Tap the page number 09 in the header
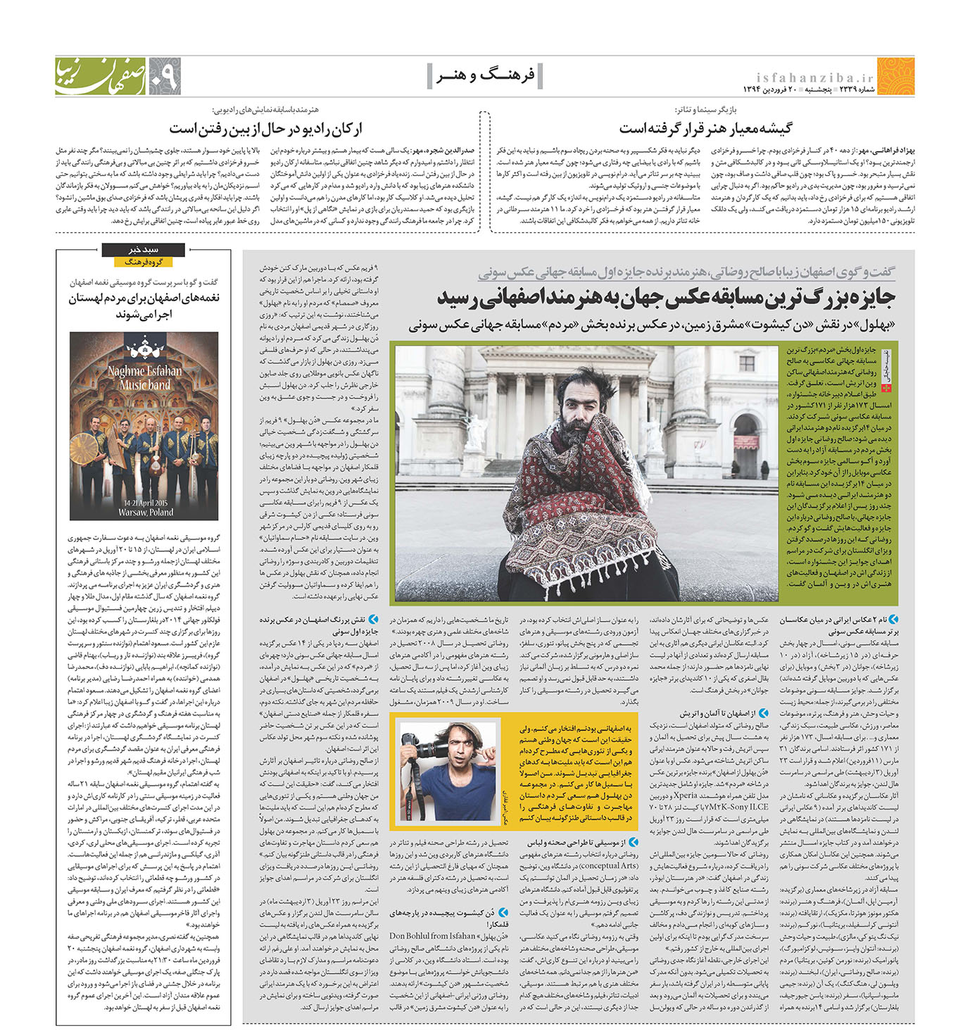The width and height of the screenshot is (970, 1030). click(x=163, y=77)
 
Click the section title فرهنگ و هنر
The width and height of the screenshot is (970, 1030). click(x=485, y=75)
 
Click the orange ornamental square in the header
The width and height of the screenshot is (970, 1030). click(x=896, y=77)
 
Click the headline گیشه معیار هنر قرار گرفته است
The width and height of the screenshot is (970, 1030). click(x=705, y=128)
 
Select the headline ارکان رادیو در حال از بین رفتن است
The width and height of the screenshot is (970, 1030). click(x=265, y=128)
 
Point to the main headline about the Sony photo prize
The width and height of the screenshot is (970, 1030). click(x=665, y=299)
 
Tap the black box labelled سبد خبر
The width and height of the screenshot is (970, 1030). click(x=144, y=249)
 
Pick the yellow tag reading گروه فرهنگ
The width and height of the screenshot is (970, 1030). click(x=144, y=262)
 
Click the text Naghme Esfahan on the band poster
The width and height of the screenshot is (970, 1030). click(x=144, y=371)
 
